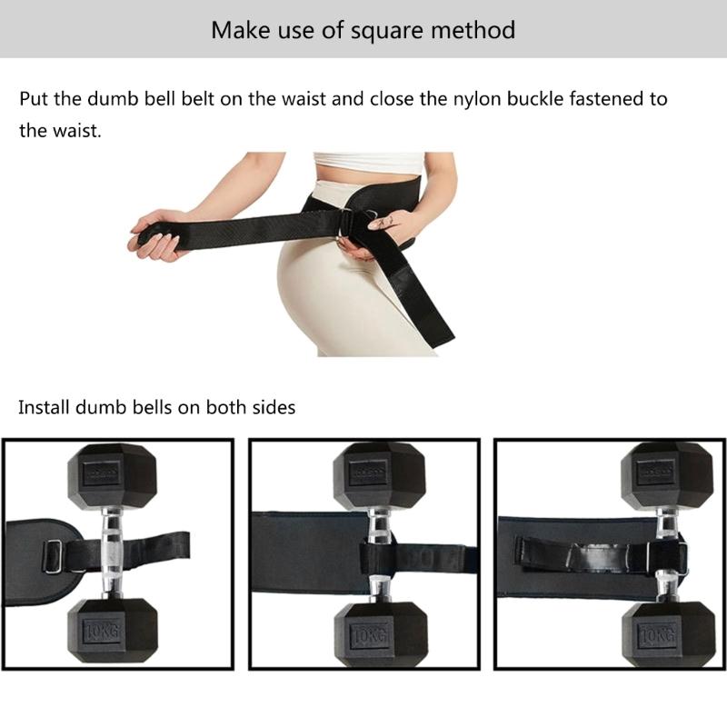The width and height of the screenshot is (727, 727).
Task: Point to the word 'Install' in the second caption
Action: tap(46, 406)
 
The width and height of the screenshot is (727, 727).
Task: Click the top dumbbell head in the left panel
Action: tap(113, 473)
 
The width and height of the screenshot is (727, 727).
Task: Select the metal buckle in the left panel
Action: tap(53, 555)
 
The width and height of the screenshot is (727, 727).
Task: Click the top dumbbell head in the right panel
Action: tap(667, 473)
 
